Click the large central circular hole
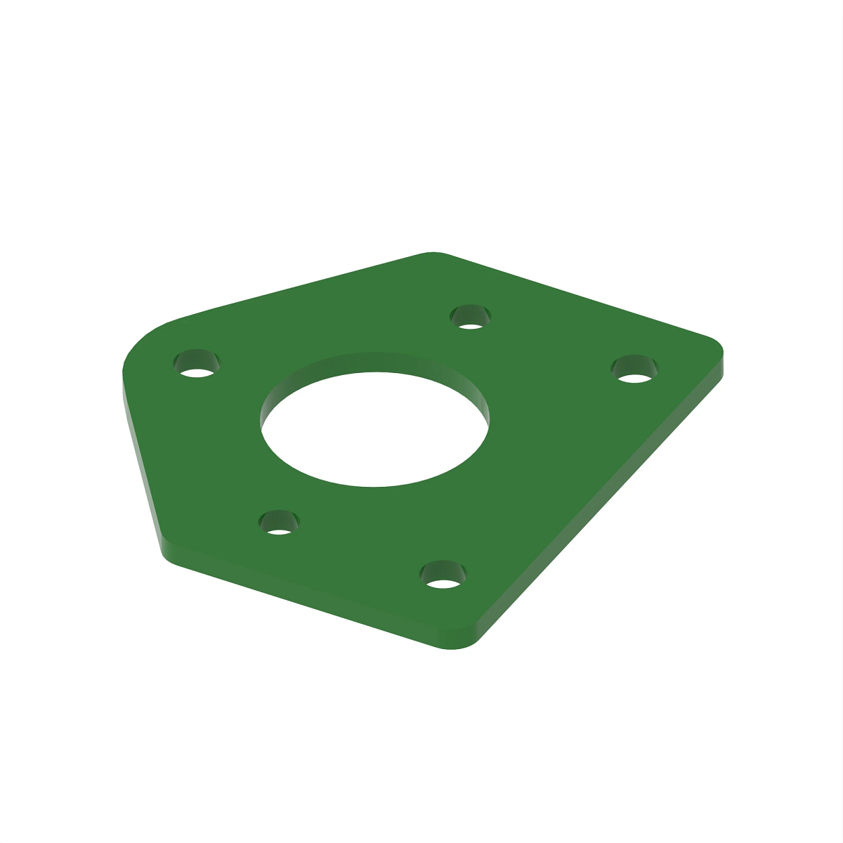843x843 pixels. coord(374,429)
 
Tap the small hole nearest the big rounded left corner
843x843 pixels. coord(196,364)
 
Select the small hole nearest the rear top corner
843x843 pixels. coord(470,318)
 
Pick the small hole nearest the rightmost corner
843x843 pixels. coord(634,370)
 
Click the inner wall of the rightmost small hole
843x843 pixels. coord(634,363)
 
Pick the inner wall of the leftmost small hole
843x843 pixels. coord(196,358)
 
